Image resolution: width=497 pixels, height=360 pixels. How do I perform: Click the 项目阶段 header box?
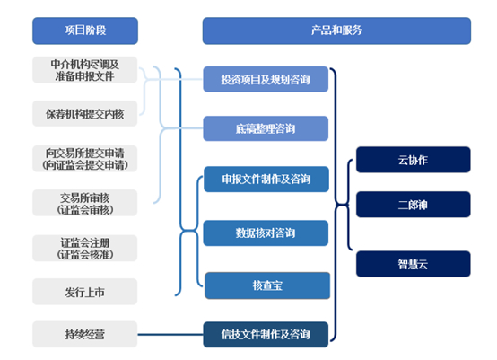[x=85, y=31]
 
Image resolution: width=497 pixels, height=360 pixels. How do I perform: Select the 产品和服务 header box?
[x=336, y=31]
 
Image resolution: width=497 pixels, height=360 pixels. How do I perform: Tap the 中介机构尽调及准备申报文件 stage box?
[x=85, y=70]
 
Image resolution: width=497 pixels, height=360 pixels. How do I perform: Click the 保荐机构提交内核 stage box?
[x=85, y=114]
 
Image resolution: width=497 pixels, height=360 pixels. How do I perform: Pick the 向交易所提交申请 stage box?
[x=85, y=158]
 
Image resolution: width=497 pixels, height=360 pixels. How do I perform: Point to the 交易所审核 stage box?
[x=85, y=203]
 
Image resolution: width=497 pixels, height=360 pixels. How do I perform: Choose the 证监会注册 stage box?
[x=85, y=247]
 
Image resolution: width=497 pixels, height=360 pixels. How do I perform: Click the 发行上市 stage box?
[x=85, y=291]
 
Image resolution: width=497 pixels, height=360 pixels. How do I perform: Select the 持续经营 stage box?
[x=85, y=334]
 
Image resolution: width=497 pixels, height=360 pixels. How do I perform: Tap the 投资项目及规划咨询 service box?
[x=266, y=79]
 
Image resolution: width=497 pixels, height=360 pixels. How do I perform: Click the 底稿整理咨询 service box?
[x=266, y=128]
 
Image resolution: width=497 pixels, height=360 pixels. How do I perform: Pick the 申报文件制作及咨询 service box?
[x=266, y=180]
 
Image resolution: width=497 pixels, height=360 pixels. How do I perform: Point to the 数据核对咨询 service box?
[x=266, y=233]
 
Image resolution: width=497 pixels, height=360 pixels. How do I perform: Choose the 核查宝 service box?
[x=266, y=285]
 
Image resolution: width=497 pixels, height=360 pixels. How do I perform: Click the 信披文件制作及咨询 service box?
[x=266, y=334]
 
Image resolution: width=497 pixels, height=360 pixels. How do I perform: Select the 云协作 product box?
[x=413, y=160]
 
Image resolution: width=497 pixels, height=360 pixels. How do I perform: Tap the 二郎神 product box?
[x=413, y=204]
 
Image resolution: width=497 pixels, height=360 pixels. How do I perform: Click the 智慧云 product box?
[x=413, y=265]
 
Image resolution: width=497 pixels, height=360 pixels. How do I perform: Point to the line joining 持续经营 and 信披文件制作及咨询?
[x=170, y=334]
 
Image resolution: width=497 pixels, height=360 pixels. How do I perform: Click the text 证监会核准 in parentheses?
[x=85, y=254]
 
